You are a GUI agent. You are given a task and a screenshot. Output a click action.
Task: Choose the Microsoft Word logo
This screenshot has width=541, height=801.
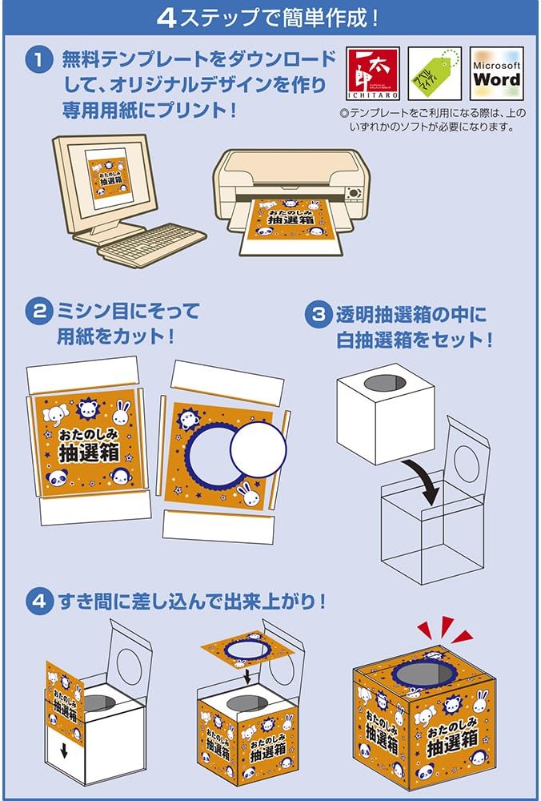[x=496, y=74]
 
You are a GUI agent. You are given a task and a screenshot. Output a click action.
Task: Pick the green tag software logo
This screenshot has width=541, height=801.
[x=435, y=74]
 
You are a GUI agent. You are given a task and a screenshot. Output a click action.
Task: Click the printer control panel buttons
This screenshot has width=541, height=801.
[x=354, y=193]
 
